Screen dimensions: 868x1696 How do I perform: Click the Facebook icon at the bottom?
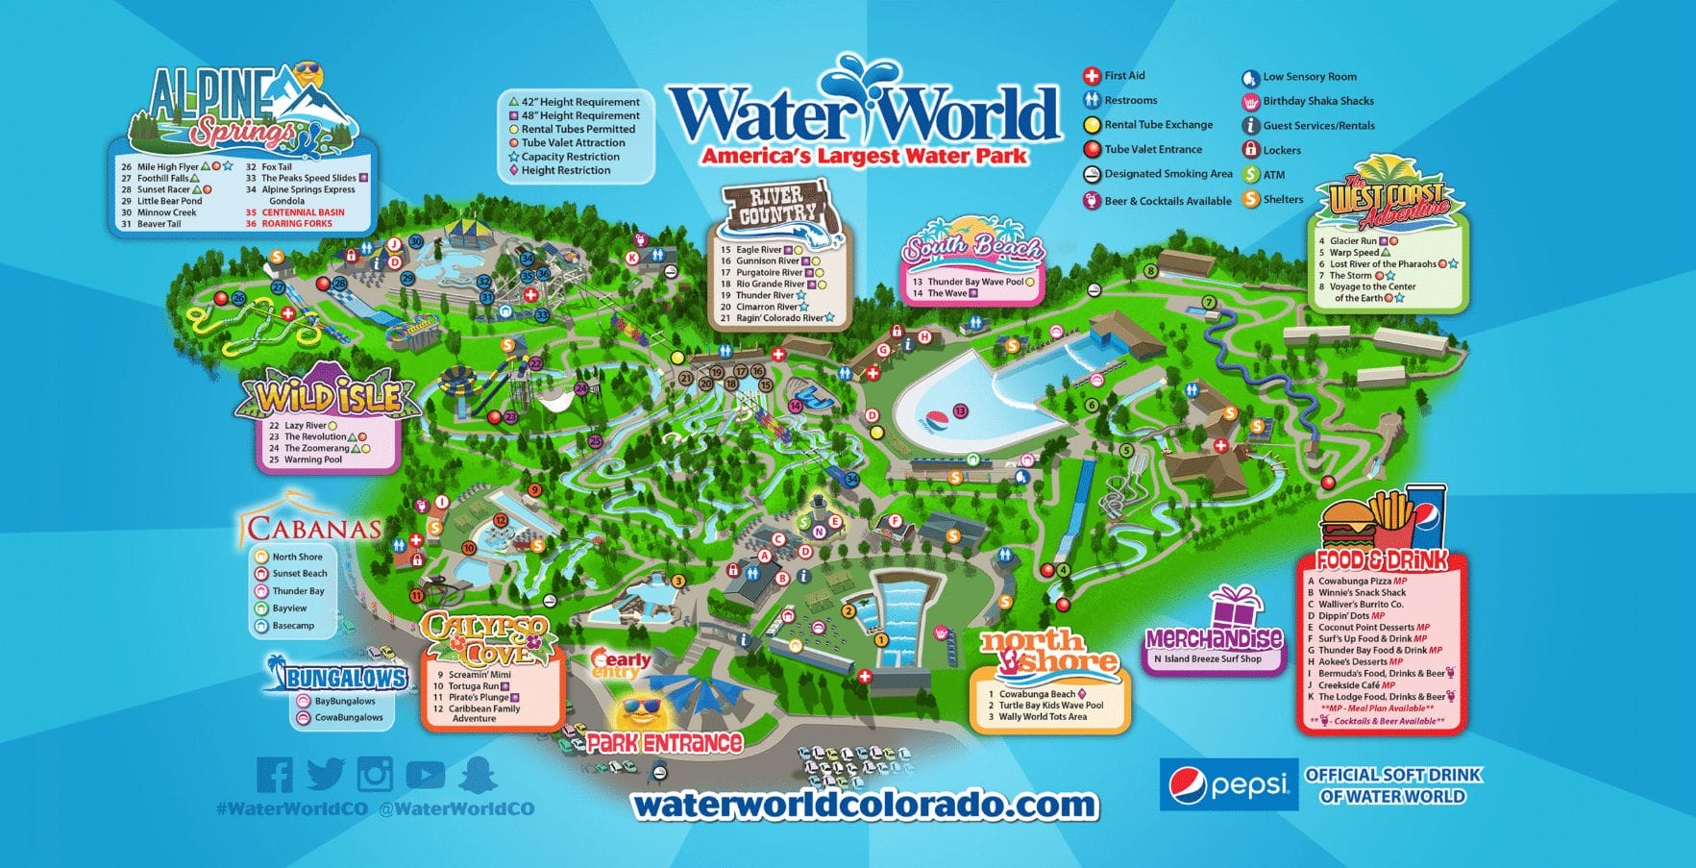click(274, 775)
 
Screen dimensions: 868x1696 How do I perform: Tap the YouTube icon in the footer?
click(425, 774)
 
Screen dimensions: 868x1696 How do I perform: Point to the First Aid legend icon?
click(1092, 76)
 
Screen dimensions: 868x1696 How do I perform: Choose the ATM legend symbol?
click(1250, 175)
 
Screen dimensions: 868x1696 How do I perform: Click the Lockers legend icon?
click(1250, 150)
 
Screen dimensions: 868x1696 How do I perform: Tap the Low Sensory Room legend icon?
click(1250, 77)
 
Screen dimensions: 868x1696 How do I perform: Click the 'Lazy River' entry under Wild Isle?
click(305, 425)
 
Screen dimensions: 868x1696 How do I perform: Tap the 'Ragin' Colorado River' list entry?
click(778, 318)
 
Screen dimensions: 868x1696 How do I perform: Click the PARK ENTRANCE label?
click(665, 743)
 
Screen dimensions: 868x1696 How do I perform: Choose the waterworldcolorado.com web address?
click(864, 805)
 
